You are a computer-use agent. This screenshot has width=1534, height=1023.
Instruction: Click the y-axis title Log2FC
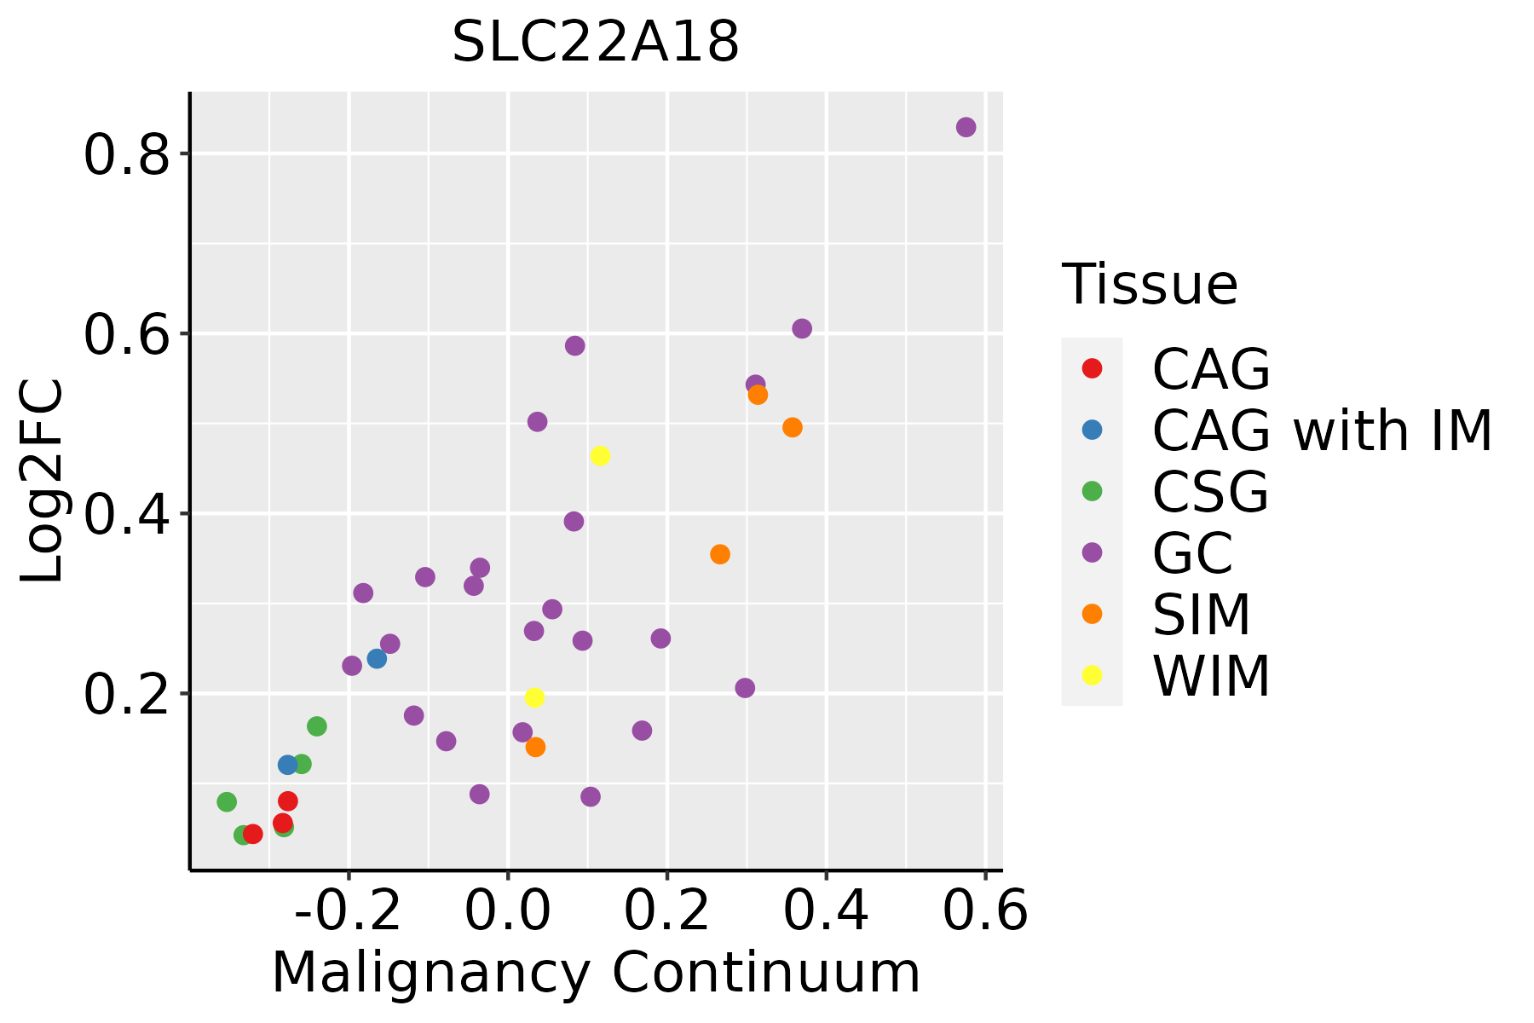pos(43,481)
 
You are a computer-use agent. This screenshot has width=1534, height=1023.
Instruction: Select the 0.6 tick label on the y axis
pos(127,334)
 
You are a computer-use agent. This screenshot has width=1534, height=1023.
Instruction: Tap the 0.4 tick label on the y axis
pos(127,514)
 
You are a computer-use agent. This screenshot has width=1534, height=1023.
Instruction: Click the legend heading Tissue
pos(1150,285)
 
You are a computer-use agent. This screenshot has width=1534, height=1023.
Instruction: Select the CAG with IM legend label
pos(1322,431)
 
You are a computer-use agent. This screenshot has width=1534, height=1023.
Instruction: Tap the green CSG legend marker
pos(1092,491)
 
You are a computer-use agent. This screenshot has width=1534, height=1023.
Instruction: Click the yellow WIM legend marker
pos(1092,675)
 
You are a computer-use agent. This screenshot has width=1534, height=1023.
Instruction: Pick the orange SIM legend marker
pos(1092,614)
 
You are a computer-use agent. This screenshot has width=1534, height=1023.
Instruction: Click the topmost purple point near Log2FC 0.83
pos(966,127)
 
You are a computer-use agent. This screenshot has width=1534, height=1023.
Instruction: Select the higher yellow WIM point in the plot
pos(600,456)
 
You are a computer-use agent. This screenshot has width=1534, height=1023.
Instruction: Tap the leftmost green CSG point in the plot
pos(227,802)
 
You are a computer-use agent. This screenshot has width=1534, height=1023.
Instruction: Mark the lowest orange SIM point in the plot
pos(535,747)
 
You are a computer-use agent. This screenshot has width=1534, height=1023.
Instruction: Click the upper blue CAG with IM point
pos(377,659)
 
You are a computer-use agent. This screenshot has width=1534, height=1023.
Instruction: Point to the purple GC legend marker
pos(1092,552)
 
